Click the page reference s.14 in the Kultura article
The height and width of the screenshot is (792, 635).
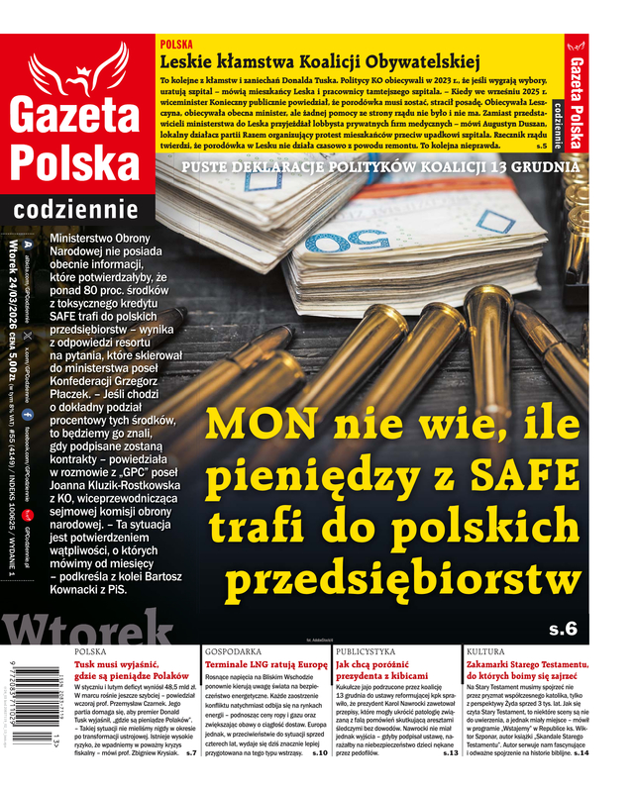tap(581, 752)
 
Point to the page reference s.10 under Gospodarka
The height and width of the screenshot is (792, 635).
tap(319, 752)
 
